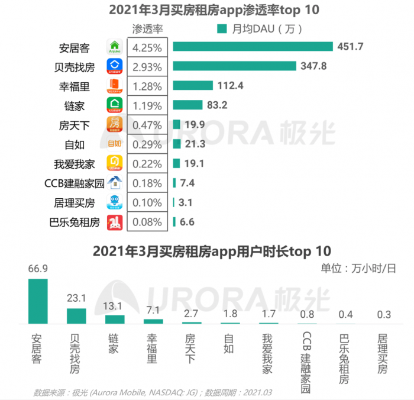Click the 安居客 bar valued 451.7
253,47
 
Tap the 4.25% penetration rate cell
147,47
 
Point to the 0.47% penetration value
147,125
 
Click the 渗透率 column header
147,28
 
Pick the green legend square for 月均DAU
222,28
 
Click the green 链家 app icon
114,105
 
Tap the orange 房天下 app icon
114,125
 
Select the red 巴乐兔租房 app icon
114,222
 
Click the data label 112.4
231,86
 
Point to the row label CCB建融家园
75,183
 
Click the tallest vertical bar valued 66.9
38,301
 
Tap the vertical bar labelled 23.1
76,316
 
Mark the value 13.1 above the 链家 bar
115,306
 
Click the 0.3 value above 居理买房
383,314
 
